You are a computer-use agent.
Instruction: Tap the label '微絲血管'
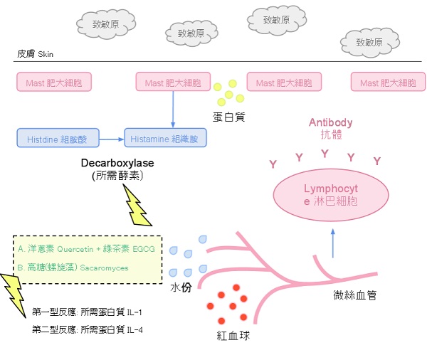[356, 294]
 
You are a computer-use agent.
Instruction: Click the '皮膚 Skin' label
[35, 53]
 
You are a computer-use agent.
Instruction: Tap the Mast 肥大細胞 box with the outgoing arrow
[173, 83]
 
